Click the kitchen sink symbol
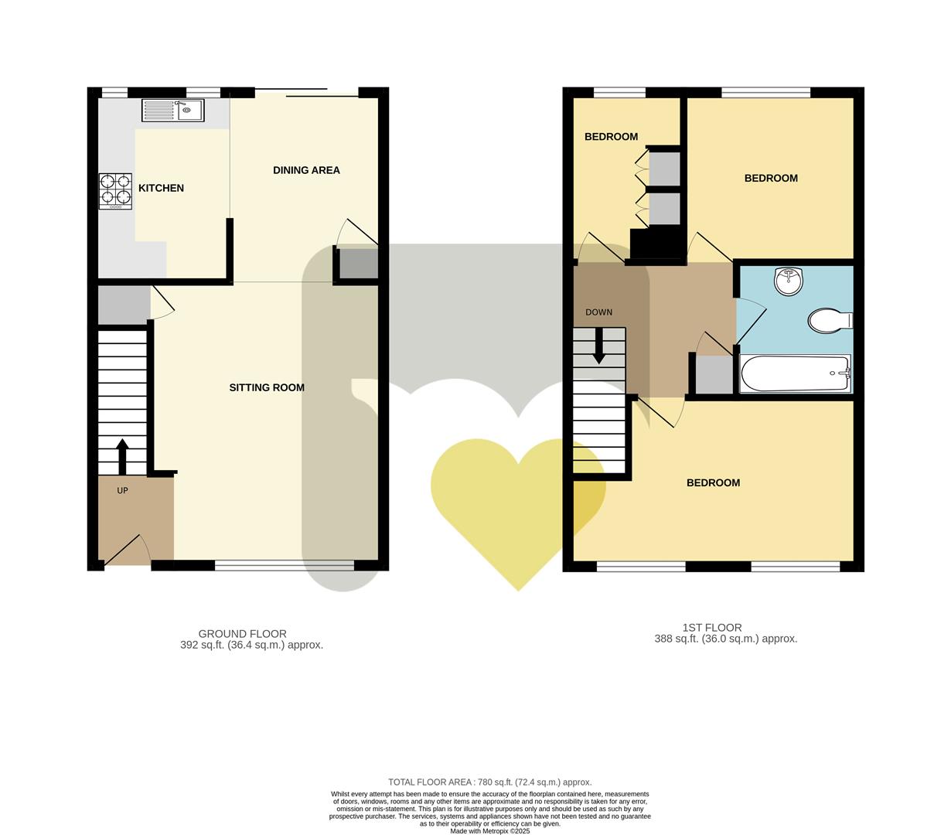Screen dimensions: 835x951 pos(172,111)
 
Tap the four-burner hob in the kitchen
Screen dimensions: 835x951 pos(114,191)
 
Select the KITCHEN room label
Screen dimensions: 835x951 pos(161,188)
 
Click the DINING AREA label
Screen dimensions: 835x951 pos(306,170)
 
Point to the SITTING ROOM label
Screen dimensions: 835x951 pos(267,387)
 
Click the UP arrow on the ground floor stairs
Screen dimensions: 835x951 pos(122,456)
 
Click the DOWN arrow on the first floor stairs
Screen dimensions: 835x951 pos(599,346)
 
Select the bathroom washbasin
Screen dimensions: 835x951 pos(789,281)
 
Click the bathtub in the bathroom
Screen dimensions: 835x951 pos(795,373)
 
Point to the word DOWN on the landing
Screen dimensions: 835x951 pos(598,312)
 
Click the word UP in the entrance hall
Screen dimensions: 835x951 pos(122,490)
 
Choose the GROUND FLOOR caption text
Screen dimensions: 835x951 pos(242,633)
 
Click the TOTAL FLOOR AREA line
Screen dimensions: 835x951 pos(489,782)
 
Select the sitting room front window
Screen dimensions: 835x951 pos(284,566)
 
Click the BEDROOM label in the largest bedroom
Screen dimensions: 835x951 pos(713,482)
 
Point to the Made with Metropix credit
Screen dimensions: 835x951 pos(489,831)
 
